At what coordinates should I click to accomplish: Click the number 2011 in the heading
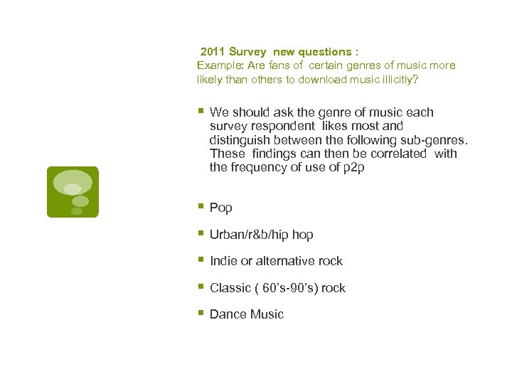tap(213, 52)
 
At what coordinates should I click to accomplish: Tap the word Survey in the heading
tap(247, 52)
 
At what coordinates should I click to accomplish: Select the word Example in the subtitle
tap(216, 65)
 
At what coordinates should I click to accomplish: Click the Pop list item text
tap(221, 208)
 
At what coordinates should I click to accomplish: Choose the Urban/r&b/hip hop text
tap(262, 235)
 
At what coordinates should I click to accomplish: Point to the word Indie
tap(224, 261)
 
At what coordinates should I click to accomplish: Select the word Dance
tap(227, 314)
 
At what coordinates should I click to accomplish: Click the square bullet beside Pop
tap(202, 207)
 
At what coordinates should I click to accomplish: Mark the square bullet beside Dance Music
tap(202, 314)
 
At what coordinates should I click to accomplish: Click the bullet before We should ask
tap(202, 111)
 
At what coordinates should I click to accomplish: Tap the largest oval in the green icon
tap(73, 181)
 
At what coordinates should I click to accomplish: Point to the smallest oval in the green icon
tap(76, 210)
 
